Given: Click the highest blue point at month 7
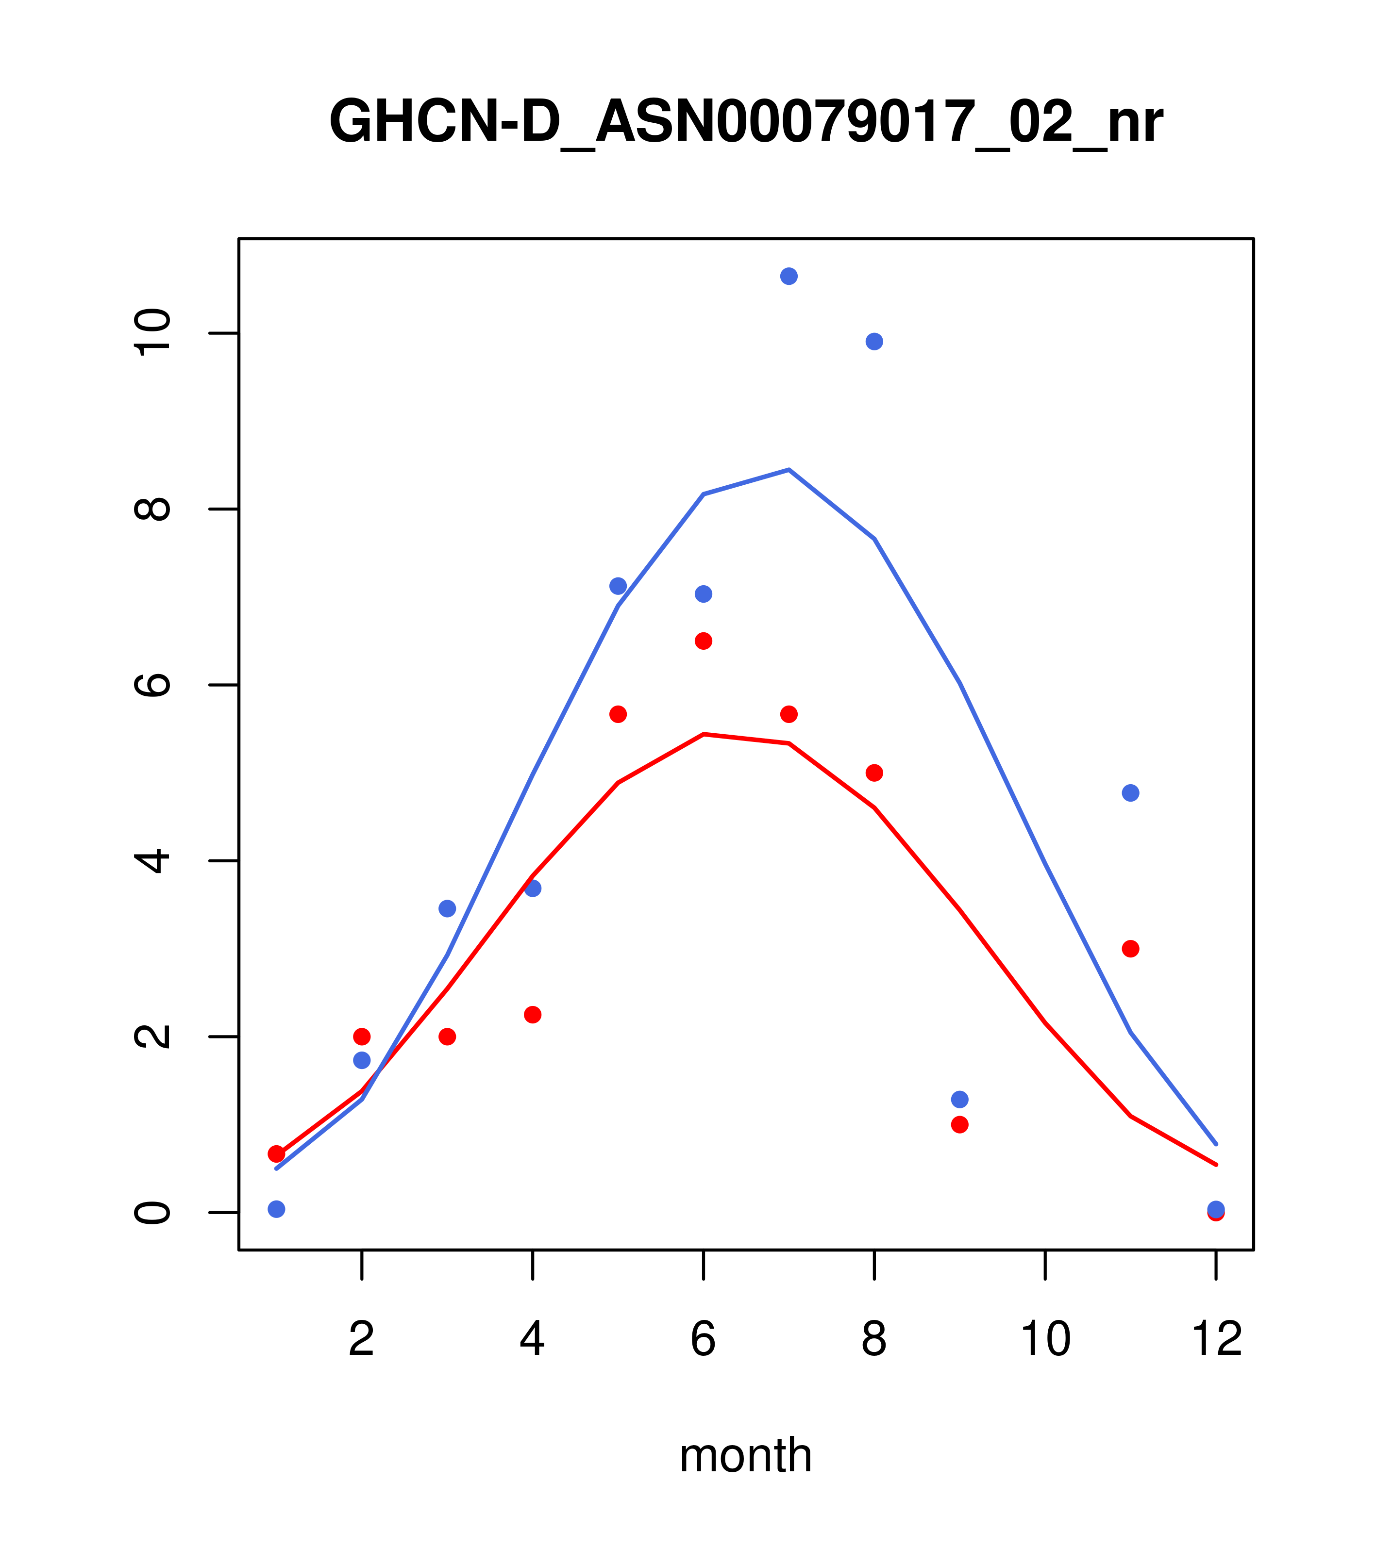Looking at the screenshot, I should point(789,276).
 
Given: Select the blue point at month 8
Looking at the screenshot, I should point(874,341).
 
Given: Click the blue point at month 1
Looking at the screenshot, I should point(276,1209).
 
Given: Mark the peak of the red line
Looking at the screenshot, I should point(704,734).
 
